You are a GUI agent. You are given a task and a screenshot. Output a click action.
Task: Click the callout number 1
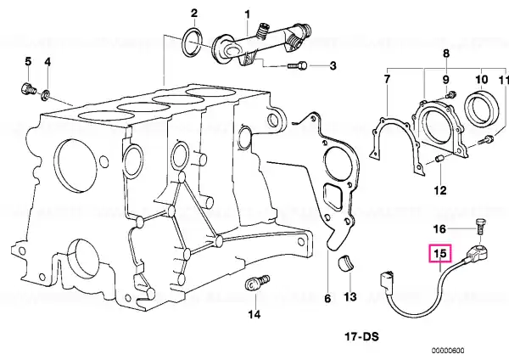[248, 14]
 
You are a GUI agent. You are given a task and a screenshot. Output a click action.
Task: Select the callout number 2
[193, 14]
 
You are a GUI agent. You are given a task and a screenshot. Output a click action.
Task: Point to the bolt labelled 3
[296, 65]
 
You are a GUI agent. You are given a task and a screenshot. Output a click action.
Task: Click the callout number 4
[48, 62]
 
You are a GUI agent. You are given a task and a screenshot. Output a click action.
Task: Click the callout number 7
[387, 80]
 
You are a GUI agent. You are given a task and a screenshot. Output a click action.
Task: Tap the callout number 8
[445, 55]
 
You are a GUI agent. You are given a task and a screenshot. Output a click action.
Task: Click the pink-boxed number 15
[440, 253]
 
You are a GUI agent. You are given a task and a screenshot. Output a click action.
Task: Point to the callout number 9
[445, 80]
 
